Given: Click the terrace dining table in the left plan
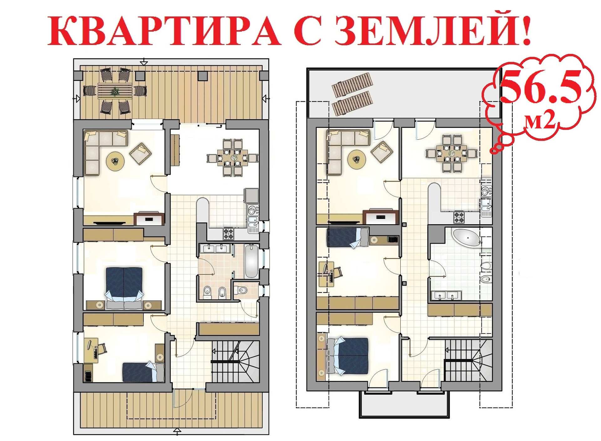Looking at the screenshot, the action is tap(115, 91).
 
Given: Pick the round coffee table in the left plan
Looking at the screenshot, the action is tap(116, 161).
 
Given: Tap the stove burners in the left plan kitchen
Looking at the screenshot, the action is tap(228, 233).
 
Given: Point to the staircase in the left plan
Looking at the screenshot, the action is tap(235, 361).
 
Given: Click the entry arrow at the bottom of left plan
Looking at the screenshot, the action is tap(177, 431).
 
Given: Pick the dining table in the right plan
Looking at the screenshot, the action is tap(451, 154).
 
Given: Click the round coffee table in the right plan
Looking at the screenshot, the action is tap(356, 159).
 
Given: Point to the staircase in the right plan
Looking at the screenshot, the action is tap(468, 360).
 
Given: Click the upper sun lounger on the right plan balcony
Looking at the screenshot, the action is tap(352, 85).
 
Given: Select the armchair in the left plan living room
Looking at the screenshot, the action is tap(141, 153).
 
